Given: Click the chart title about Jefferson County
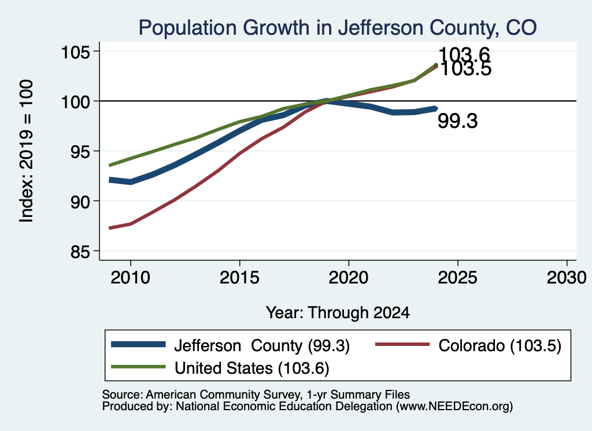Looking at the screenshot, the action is pos(338,28).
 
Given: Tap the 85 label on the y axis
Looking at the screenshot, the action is pos(80,252).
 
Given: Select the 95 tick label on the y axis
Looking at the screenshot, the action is pos(80,152).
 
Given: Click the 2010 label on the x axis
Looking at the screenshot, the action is pos(131,278).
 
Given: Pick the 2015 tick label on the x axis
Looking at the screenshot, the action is pos(239,278).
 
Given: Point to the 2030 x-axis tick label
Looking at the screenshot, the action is pos(567,278).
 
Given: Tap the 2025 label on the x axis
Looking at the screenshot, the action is pos(458,278).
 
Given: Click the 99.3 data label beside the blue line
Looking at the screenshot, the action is pos(458,121).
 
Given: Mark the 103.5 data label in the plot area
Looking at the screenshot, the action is pos(466,69).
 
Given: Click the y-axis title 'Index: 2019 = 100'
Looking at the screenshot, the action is pos(27,151).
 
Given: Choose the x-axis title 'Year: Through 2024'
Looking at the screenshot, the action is pos(338,313).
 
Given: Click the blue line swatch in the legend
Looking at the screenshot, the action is pos(138,344).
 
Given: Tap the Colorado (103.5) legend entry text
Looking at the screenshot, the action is pos(500,345).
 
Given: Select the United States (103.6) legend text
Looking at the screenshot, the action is pos(252,369).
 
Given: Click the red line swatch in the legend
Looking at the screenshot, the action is pos(402,344).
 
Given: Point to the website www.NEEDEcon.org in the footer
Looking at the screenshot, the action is pos(454,407).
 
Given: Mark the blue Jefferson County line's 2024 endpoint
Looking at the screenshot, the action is pos(436,108).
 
